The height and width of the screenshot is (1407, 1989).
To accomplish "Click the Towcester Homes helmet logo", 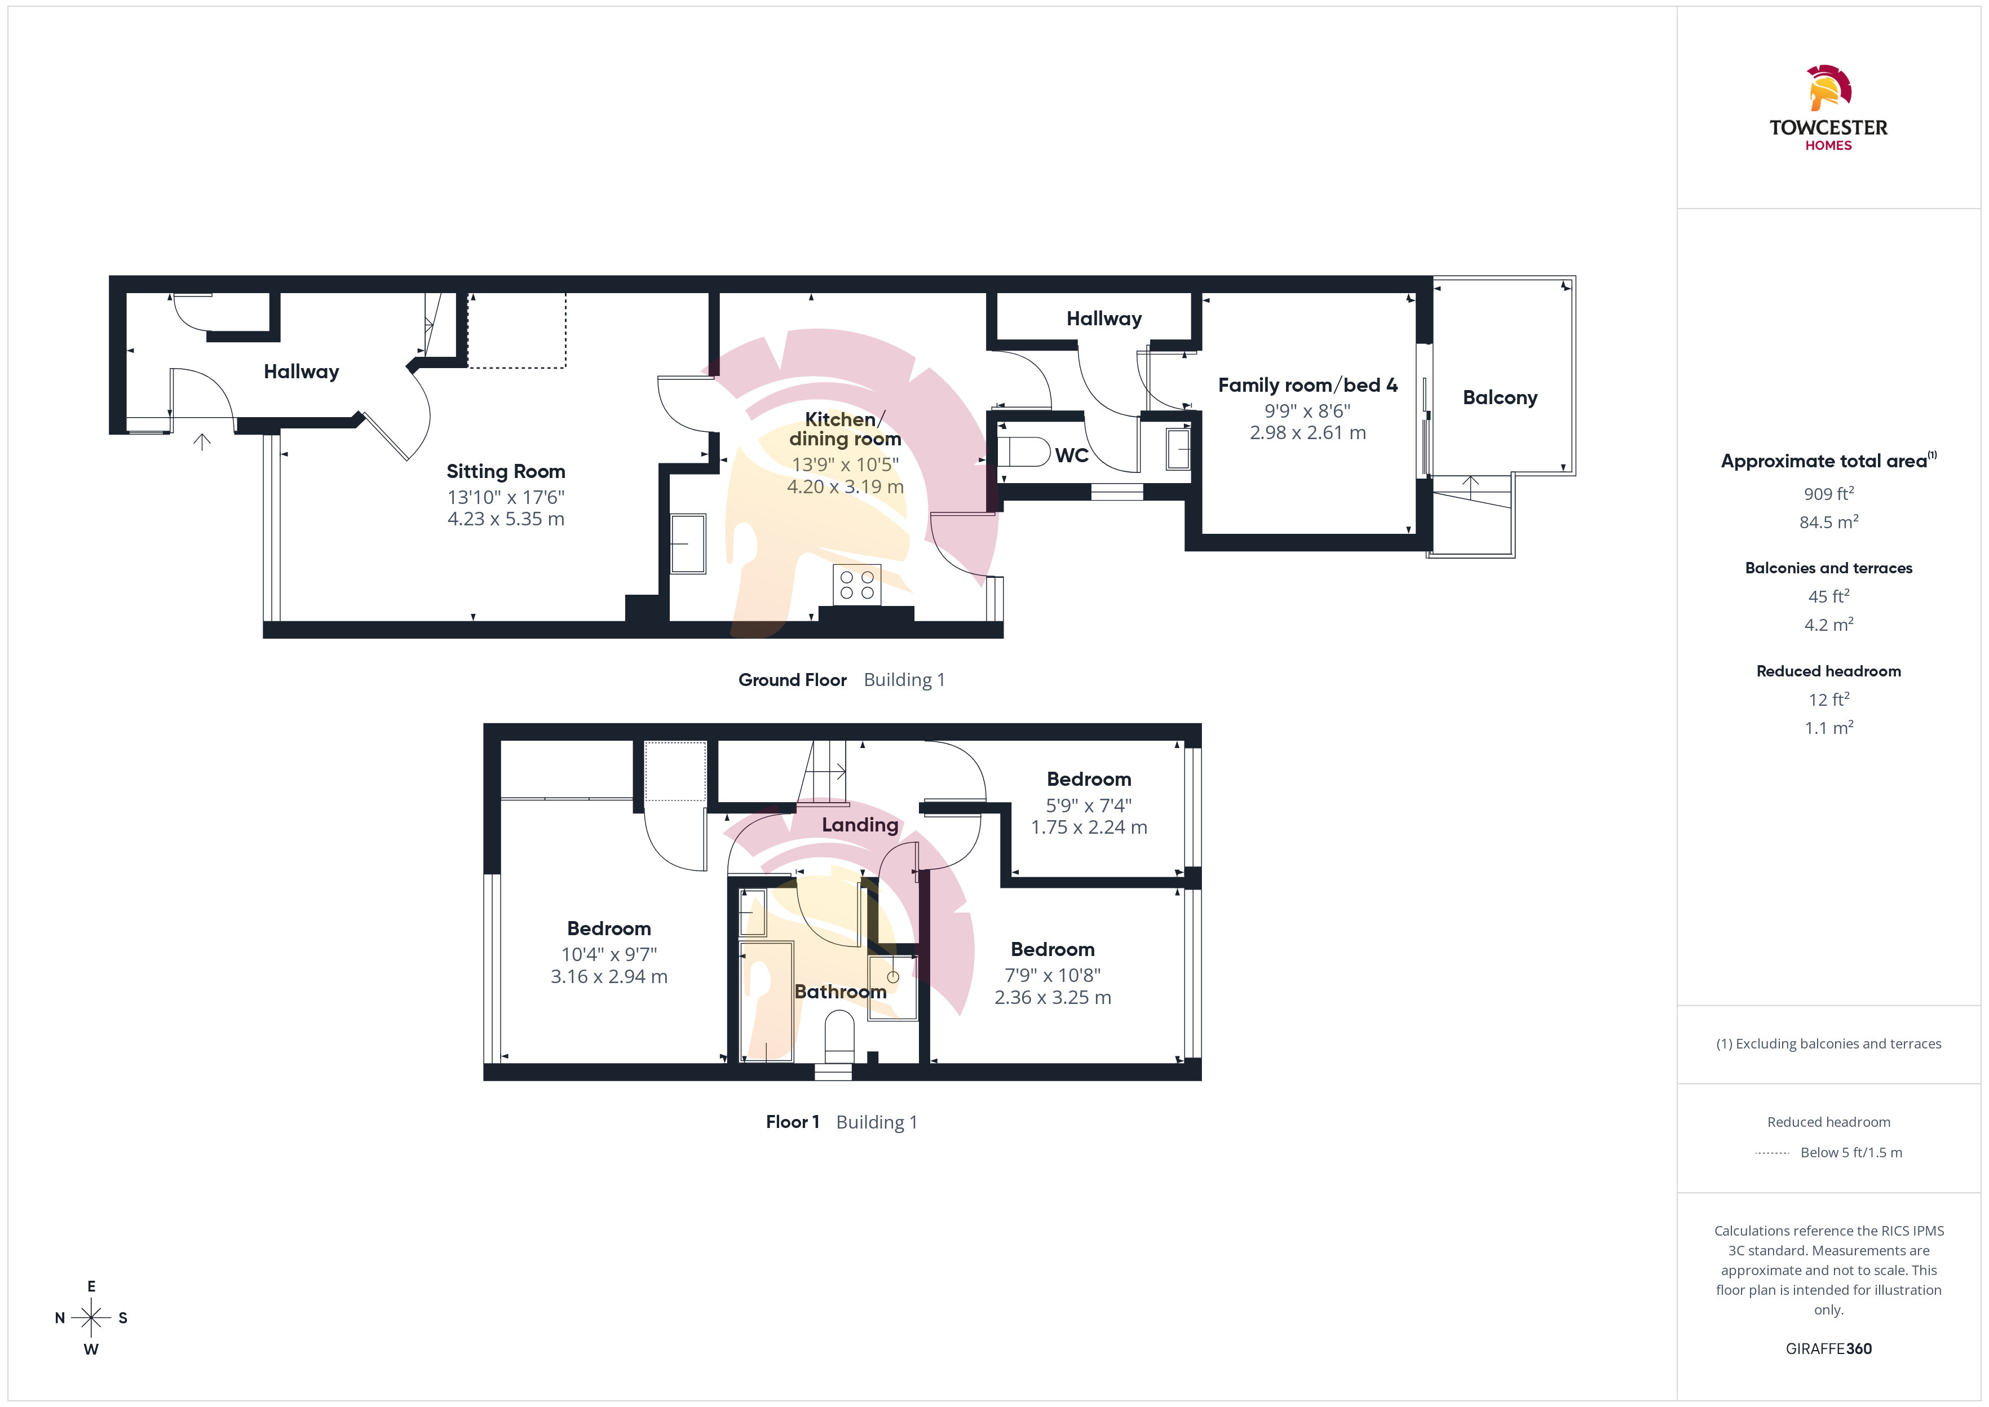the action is (1829, 89).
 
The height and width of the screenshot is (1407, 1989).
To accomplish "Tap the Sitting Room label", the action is (506, 471).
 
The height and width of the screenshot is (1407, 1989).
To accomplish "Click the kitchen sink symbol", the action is (688, 544).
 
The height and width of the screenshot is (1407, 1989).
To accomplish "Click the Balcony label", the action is (1500, 397).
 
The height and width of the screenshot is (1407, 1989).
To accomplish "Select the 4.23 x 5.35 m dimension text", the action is (506, 519).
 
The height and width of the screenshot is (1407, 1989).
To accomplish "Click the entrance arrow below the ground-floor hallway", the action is (202, 442).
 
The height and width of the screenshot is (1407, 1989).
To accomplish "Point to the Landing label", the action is (860, 825).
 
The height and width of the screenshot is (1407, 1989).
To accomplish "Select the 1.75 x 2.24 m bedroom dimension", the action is (1089, 828).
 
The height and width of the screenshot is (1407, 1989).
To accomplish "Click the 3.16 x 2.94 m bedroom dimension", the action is (609, 976).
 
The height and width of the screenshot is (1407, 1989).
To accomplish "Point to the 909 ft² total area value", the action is (1829, 493).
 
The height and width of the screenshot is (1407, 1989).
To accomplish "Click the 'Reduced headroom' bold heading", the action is (1829, 671).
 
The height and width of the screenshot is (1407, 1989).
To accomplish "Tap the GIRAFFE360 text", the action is (1829, 1349).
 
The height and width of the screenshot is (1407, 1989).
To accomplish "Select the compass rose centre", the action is (91, 1318).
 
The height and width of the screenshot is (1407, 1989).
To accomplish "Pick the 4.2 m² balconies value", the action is (1829, 625).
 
